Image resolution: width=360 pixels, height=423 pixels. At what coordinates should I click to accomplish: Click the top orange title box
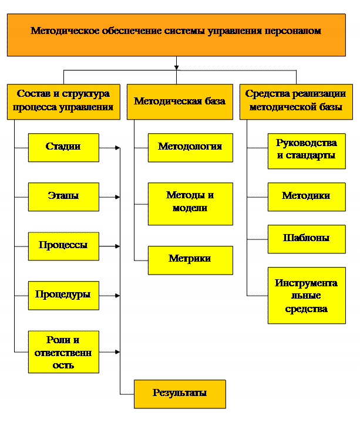[176, 35]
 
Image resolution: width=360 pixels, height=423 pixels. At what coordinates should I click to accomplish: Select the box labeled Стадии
[64, 148]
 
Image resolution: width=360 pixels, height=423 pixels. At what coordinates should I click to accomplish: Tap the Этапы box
[64, 197]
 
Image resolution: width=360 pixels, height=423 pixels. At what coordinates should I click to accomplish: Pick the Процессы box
[64, 246]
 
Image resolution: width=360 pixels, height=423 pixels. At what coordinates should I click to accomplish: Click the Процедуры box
[64, 296]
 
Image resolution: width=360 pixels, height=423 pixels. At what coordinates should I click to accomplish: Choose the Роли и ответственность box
[64, 352]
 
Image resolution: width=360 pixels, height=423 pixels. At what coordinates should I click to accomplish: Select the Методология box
[190, 148]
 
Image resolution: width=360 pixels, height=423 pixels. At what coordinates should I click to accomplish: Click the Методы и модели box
[190, 204]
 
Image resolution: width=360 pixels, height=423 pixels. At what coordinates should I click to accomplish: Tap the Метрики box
[190, 260]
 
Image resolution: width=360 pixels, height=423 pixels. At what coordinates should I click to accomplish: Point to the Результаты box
[180, 394]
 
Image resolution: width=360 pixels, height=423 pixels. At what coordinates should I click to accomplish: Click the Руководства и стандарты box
[307, 151]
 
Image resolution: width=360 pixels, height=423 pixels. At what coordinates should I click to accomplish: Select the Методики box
[307, 197]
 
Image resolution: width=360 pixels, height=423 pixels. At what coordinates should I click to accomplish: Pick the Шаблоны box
[307, 239]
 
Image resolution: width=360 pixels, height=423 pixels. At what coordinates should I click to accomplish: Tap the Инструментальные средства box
[307, 296]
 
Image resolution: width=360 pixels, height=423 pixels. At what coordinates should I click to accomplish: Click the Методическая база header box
[180, 102]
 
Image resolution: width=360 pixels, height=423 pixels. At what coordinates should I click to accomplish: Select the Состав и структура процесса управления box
[64, 102]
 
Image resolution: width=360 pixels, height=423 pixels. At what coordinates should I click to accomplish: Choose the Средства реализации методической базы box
[296, 102]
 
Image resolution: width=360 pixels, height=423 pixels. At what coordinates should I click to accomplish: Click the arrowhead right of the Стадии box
[117, 148]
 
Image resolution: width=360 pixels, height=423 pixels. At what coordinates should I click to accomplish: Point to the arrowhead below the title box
[176, 67]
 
